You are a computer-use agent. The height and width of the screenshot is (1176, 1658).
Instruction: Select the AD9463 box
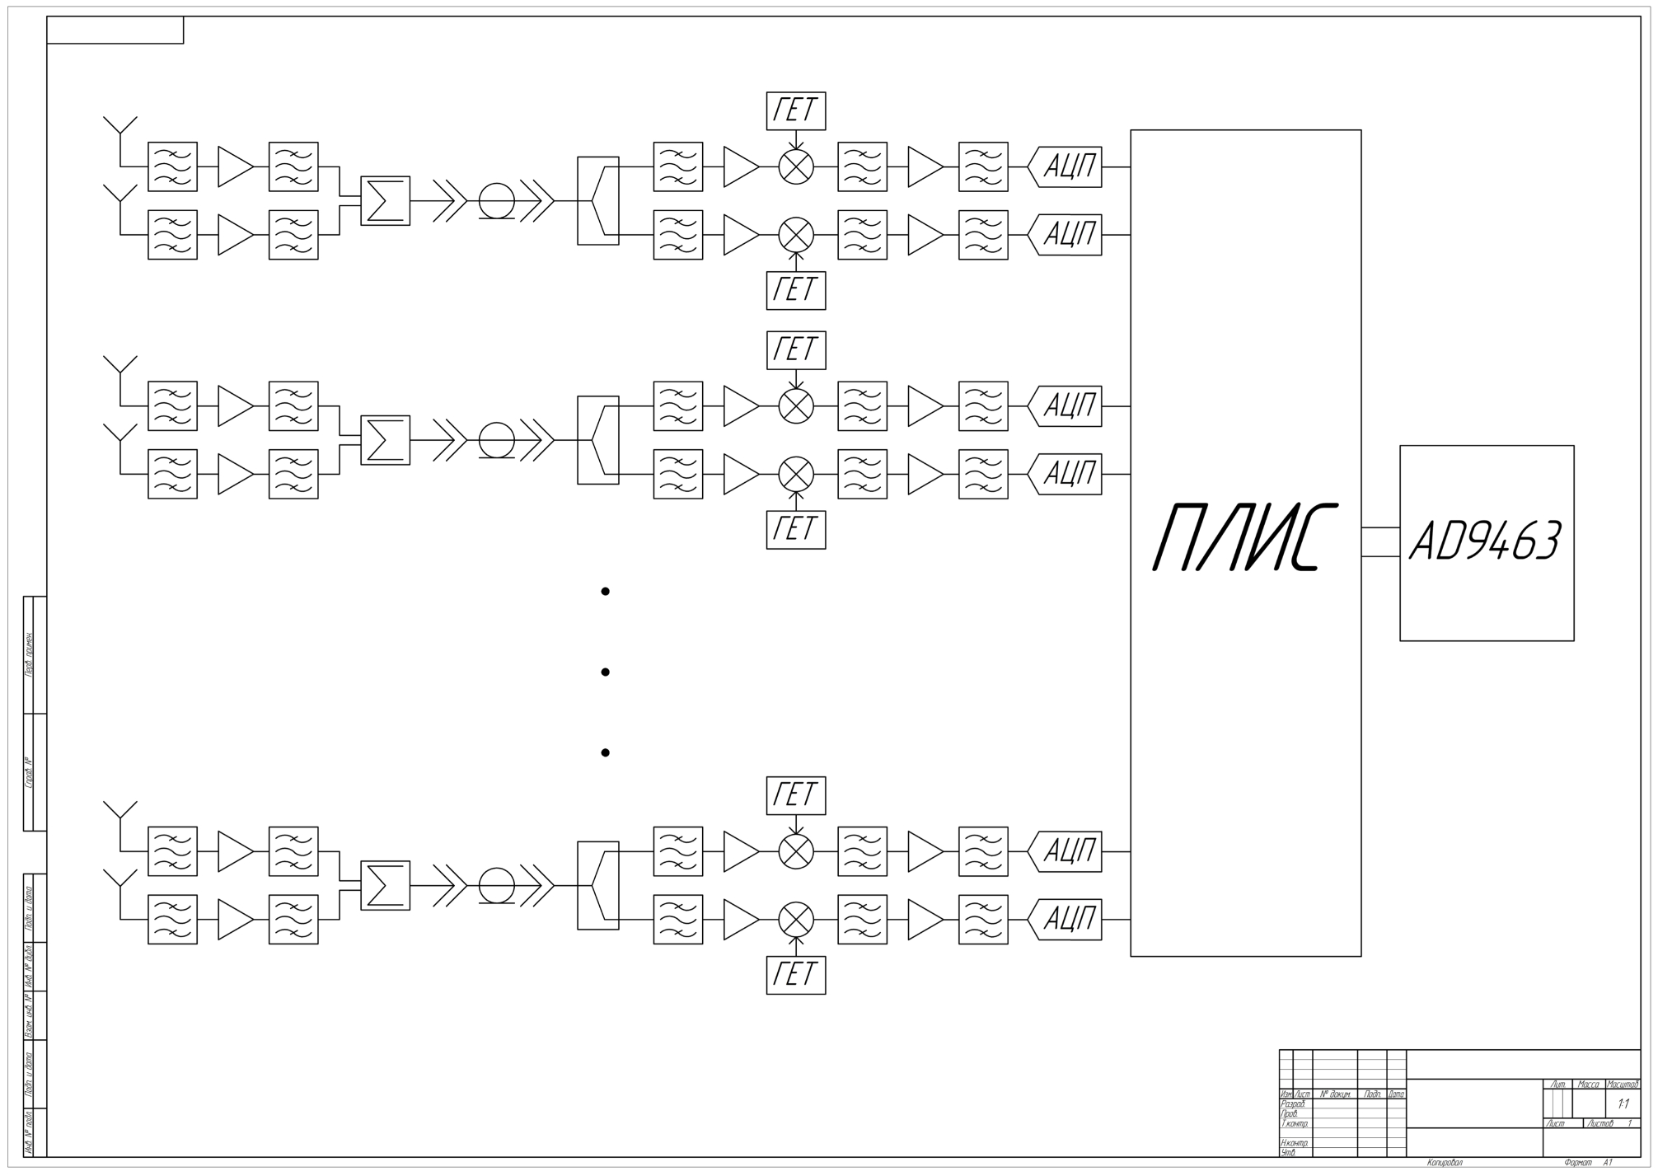[1486, 542]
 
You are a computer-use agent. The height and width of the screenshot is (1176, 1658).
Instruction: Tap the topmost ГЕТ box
[795, 110]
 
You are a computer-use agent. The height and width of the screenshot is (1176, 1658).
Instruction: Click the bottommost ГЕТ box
[795, 974]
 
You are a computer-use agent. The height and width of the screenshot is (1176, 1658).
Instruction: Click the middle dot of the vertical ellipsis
[605, 672]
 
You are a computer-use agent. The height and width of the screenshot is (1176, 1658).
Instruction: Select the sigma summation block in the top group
[385, 200]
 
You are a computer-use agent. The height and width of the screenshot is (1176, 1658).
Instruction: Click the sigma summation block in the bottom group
[385, 885]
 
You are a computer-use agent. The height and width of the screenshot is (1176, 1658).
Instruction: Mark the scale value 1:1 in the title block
[1623, 1103]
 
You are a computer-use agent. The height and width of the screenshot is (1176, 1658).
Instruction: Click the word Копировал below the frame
[1444, 1163]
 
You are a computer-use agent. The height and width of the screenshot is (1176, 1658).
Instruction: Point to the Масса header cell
[1587, 1085]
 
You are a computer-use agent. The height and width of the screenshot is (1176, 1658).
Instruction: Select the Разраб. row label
[1293, 1103]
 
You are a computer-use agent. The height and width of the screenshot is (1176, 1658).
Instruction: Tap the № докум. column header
[1334, 1094]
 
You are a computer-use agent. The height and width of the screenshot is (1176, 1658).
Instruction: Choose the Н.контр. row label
[1294, 1143]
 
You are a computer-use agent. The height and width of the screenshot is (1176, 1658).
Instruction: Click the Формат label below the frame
[1577, 1163]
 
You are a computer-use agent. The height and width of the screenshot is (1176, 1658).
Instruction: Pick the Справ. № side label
[29, 772]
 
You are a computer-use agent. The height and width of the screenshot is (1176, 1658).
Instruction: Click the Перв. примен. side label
[29, 655]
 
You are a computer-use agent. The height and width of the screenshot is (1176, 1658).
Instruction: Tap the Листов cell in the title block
[1599, 1123]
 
